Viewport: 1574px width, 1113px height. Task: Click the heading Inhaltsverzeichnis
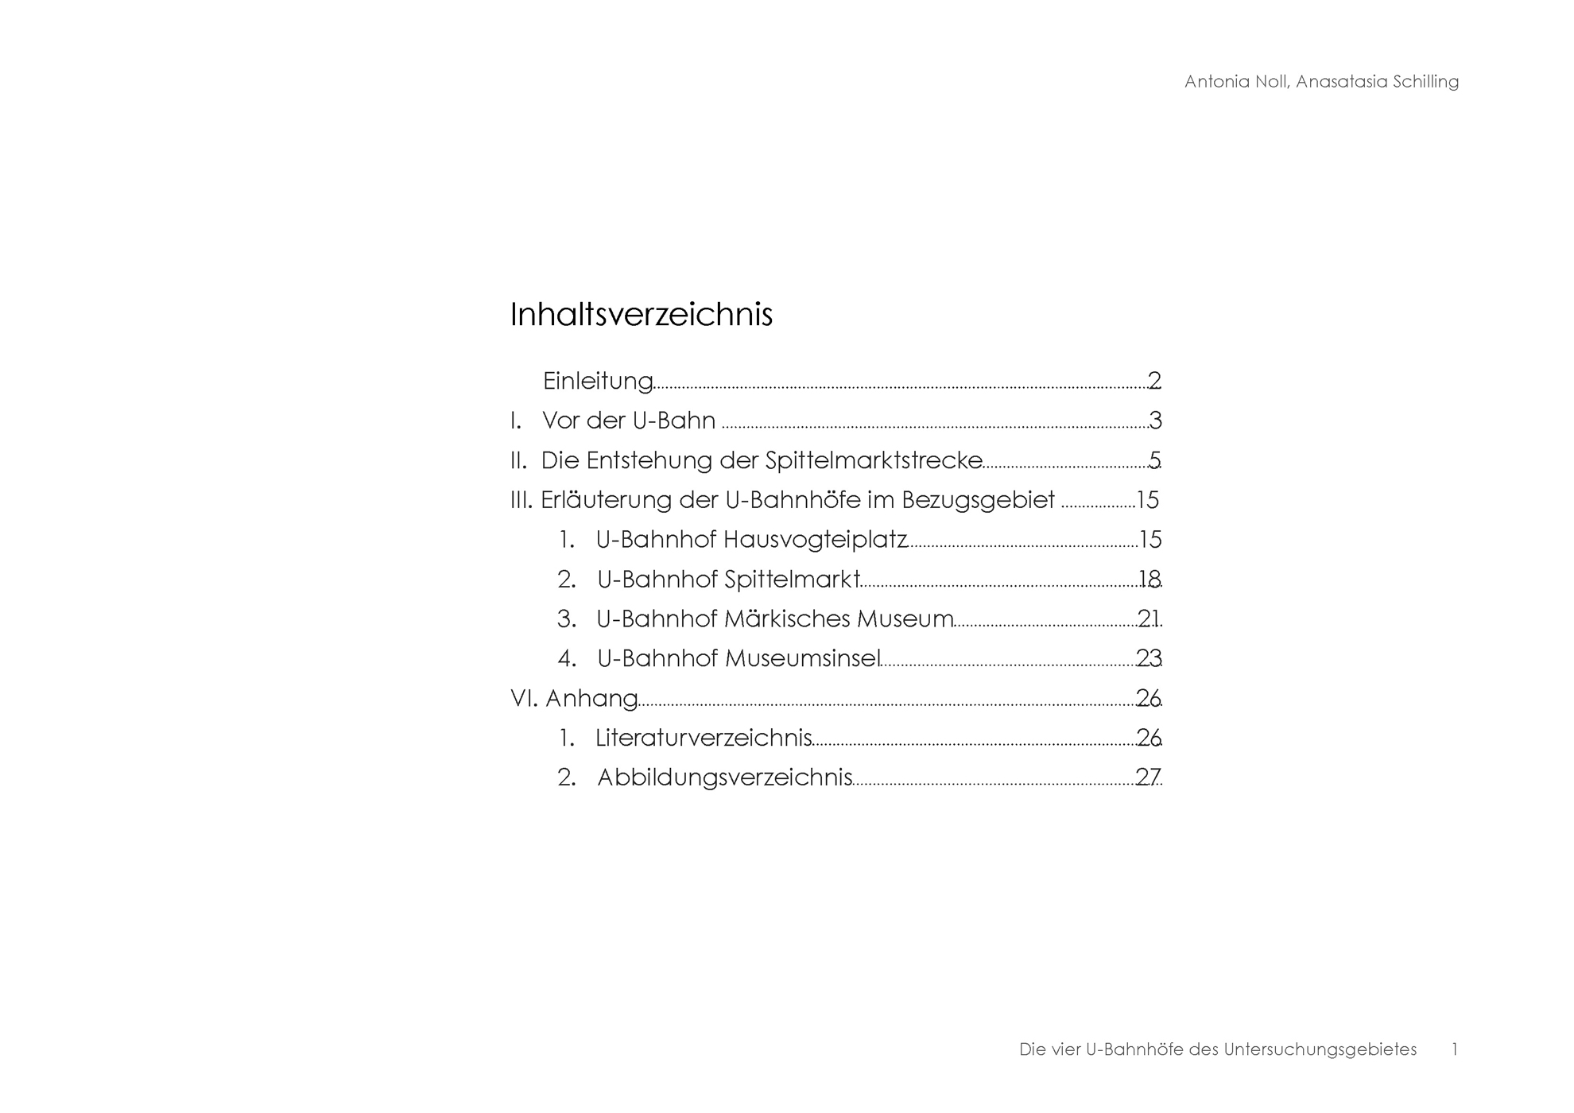(641, 315)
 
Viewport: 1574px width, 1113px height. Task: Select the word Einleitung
(598, 382)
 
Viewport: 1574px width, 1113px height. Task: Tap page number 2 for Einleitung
(1154, 381)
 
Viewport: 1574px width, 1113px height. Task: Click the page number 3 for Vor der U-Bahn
(1155, 421)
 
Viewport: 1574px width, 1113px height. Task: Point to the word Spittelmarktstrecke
(874, 461)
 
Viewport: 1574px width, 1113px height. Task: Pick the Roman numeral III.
(521, 501)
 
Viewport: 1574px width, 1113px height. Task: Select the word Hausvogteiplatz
(815, 541)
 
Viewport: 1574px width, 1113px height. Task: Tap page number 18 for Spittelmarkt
(1149, 580)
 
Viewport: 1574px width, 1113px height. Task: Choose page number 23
(1149, 659)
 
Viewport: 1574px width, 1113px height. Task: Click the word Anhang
(591, 699)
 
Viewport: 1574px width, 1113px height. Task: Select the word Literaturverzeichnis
(704, 739)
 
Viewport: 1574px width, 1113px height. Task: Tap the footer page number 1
(1454, 1050)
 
